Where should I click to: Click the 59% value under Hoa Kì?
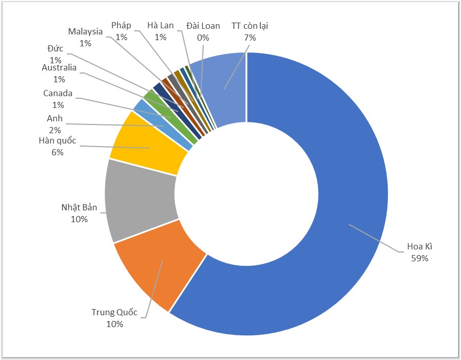pyautogui.click(x=419, y=258)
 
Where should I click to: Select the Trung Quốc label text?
pyautogui.click(x=115, y=312)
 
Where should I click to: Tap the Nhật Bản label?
pyautogui.click(x=79, y=208)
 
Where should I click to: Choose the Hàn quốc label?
pyautogui.click(x=57, y=141)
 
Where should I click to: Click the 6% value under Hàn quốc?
pyautogui.click(x=57, y=152)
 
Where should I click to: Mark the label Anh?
pyautogui.click(x=55, y=119)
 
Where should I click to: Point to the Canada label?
pyautogui.click(x=58, y=94)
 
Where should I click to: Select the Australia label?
pyautogui.click(x=59, y=68)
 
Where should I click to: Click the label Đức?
pyautogui.click(x=55, y=49)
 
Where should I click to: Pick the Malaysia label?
pyautogui.click(x=85, y=32)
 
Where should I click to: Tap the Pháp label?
pyautogui.click(x=121, y=26)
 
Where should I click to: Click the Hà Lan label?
pyautogui.click(x=161, y=26)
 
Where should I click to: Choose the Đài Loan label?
pyautogui.click(x=203, y=26)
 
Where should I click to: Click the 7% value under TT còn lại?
pyautogui.click(x=250, y=37)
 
